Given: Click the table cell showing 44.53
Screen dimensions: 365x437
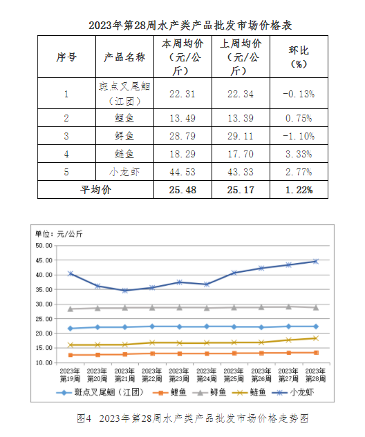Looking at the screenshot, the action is coord(182,172).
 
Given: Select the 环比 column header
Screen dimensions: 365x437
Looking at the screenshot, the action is coord(299,57).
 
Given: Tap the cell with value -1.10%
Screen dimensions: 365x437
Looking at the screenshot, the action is coord(299,136).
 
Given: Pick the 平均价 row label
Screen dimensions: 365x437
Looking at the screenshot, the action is coord(95,190).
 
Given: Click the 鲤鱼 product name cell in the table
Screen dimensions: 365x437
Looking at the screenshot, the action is coord(124,118).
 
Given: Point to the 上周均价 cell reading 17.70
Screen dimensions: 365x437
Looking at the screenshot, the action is coord(241,154).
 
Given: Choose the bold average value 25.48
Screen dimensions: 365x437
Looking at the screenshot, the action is coord(182,190).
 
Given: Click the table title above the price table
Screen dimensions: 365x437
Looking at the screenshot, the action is coord(190,26).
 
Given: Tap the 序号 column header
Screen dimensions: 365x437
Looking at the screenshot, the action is coord(66,57).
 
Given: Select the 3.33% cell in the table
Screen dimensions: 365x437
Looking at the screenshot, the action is coord(299,154).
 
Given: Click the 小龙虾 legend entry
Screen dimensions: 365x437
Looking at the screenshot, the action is coord(292,392).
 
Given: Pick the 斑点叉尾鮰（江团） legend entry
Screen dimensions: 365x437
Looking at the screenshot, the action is coord(100,392).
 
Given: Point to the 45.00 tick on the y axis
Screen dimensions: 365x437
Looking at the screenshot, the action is coord(44,260).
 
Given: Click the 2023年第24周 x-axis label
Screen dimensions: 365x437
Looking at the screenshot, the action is coord(207,375).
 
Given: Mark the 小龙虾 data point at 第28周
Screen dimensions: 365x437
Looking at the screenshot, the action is coord(316,262).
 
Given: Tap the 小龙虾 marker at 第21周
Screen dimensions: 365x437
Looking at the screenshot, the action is coord(124,291).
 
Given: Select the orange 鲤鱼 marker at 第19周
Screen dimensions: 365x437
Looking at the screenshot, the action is coord(71,355).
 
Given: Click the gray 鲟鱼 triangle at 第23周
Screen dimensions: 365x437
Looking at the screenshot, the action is coord(180,308).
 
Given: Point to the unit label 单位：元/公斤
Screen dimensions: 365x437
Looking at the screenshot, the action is coord(59,234).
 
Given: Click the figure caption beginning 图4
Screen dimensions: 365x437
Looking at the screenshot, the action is coord(193,418).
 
